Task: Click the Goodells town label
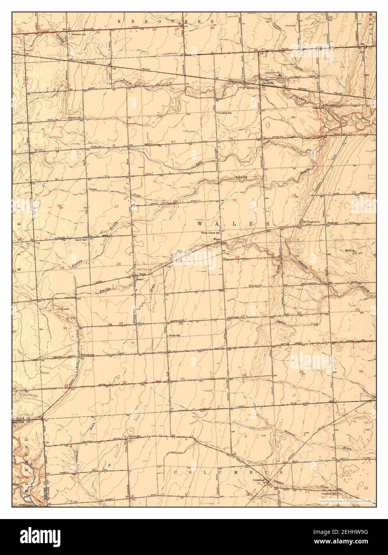268,83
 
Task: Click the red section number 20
119,264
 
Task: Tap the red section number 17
116,206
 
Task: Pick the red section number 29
121,323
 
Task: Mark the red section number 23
297,256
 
